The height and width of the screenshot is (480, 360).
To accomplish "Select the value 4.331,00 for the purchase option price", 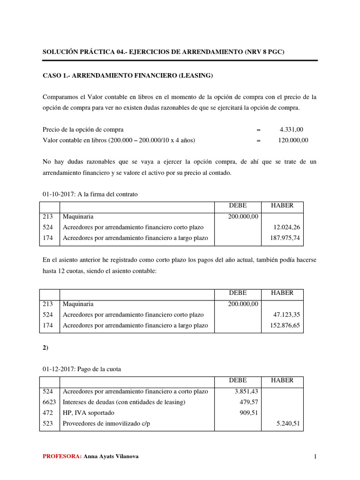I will pyautogui.click(x=292, y=129).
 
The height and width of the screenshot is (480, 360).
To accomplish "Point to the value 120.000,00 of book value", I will pyautogui.click(x=289, y=140).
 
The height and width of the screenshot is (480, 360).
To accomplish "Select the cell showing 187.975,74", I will pyautogui.click(x=285, y=238).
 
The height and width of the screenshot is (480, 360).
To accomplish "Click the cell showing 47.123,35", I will pyautogui.click(x=286, y=315).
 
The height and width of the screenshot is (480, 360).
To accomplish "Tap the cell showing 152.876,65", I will pyautogui.click(x=285, y=325).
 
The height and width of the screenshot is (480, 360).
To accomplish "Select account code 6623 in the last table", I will pyautogui.click(x=49, y=402).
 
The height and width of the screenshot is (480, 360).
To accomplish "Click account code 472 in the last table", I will pyautogui.click(x=47, y=413).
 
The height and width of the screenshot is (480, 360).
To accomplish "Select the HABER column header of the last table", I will pyautogui.click(x=282, y=380).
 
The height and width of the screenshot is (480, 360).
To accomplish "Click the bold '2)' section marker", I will pyautogui.click(x=45, y=347).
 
